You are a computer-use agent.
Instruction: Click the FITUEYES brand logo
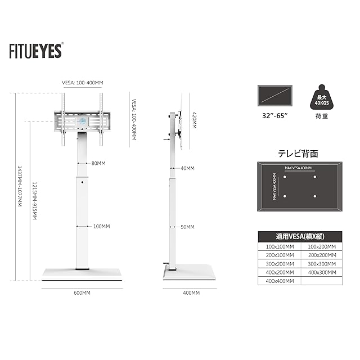[36, 51]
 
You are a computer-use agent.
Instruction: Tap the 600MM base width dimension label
[82, 293]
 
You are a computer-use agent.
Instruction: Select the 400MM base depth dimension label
[191, 293]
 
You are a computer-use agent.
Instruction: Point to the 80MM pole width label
[98, 163]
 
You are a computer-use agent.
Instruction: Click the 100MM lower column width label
[101, 226]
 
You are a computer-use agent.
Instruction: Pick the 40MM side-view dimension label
[187, 168]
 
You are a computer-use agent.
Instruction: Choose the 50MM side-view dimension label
[187, 227]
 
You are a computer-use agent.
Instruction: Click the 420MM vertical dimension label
[194, 120]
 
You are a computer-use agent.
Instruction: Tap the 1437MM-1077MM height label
[20, 186]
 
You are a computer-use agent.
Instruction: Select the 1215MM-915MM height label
[34, 201]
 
